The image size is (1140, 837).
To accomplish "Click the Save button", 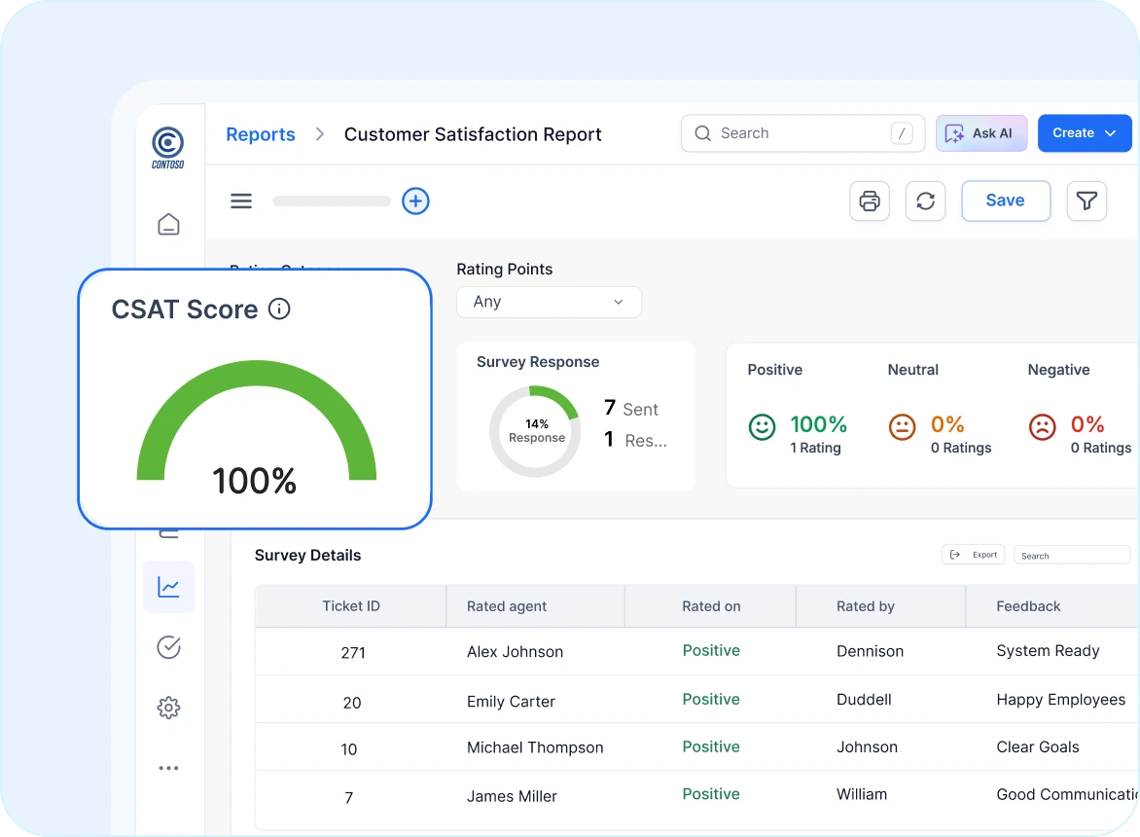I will (1006, 200).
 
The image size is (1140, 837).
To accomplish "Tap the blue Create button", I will (1085, 133).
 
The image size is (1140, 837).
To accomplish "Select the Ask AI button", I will (980, 133).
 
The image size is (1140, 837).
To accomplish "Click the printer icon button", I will (870, 200).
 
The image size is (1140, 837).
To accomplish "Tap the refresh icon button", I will (925, 200).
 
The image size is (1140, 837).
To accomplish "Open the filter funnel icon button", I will (1087, 200).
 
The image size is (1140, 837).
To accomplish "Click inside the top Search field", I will (798, 133).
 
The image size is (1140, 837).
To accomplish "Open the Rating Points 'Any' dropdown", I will (549, 302).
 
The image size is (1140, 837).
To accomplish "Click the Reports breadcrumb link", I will (261, 134).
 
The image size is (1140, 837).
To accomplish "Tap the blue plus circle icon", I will (415, 200).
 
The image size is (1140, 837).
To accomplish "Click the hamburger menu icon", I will (241, 200).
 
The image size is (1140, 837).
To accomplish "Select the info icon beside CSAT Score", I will (279, 309).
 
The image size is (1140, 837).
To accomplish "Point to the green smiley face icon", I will (762, 426).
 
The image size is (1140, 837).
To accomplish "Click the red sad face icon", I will (1042, 426).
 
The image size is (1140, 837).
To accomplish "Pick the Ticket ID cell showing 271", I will (352, 652).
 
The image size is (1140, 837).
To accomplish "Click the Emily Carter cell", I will (511, 701).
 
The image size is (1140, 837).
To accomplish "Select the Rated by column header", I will (865, 605).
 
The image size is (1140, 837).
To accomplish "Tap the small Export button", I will (973, 555).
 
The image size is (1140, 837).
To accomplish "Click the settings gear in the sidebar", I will (169, 708).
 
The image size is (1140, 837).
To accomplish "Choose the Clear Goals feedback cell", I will (1037, 747).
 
